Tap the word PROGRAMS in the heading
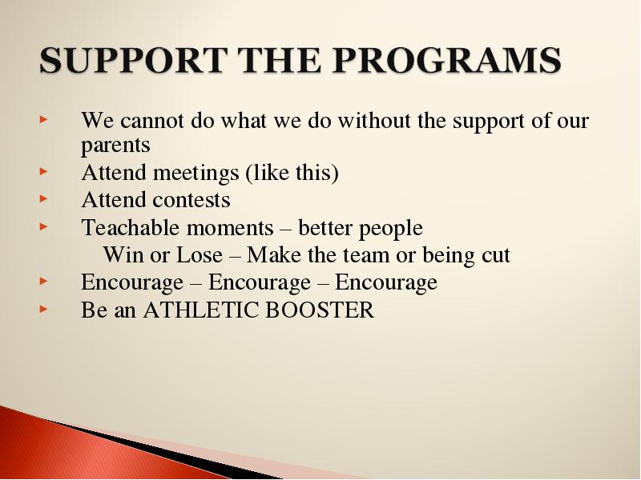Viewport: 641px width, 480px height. [447, 60]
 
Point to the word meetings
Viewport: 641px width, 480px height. [196, 174]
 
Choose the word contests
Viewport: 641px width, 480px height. [191, 201]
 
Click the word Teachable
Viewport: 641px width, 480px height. [131, 227]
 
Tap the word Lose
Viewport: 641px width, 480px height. [200, 255]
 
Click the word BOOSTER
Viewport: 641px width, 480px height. [320, 310]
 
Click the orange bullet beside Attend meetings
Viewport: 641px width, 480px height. [44, 172]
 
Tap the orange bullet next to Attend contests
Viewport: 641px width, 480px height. [44, 199]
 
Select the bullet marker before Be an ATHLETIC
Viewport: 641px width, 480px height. [44, 309]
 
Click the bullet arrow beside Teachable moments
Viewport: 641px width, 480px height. [44, 226]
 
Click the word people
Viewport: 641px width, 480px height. [391, 229]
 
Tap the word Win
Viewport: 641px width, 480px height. [123, 255]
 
